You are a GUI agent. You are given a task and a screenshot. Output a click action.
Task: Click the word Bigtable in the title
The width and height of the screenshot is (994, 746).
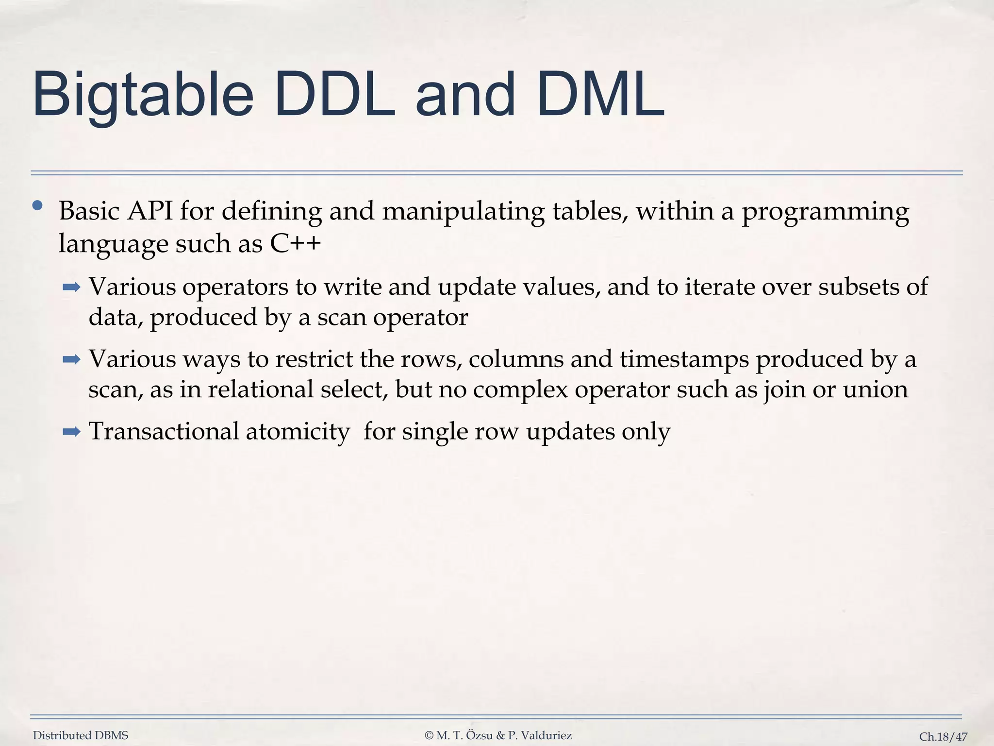pos(143,95)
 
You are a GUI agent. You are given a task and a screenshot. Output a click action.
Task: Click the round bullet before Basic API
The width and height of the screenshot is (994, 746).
pos(37,206)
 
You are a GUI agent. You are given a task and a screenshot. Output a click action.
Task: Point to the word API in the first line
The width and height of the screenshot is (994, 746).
pos(150,211)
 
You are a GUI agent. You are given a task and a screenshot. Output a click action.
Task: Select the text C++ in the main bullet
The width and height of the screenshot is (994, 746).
pos(296,243)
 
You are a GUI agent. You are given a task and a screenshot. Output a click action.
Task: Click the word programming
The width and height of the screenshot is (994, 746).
pos(825,213)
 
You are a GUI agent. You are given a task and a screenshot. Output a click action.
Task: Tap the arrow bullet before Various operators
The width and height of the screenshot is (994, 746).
pos(71,288)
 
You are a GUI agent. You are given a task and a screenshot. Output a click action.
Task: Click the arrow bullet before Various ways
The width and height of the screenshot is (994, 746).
pos(71,360)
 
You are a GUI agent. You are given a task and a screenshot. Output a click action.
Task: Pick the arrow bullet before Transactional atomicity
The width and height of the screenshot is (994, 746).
pos(71,431)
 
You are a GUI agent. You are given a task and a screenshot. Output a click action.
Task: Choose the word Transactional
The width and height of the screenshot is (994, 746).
pos(164,431)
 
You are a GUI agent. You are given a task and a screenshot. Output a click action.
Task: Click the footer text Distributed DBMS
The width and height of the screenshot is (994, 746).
pos(81,735)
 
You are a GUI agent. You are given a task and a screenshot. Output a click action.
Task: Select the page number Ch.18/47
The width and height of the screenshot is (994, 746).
pos(943,737)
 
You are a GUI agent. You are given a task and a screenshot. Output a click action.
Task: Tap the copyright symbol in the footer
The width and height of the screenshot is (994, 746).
pos(429,736)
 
